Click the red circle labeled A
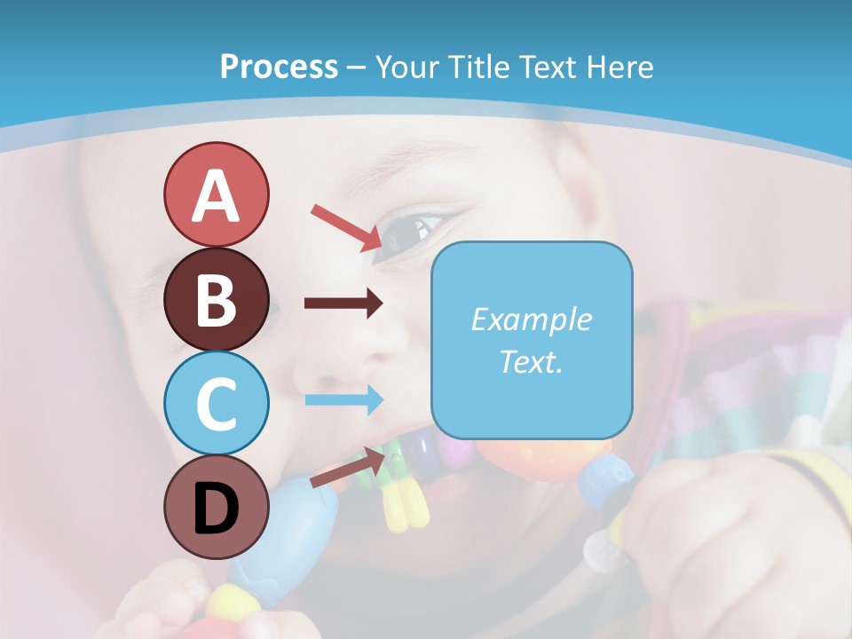click(x=217, y=195)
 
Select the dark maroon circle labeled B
click(x=217, y=300)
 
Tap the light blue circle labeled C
click(x=217, y=403)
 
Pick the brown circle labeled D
click(x=217, y=508)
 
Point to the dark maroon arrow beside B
click(x=343, y=304)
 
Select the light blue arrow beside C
click(x=343, y=399)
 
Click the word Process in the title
click(x=279, y=67)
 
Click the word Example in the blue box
click(x=532, y=319)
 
